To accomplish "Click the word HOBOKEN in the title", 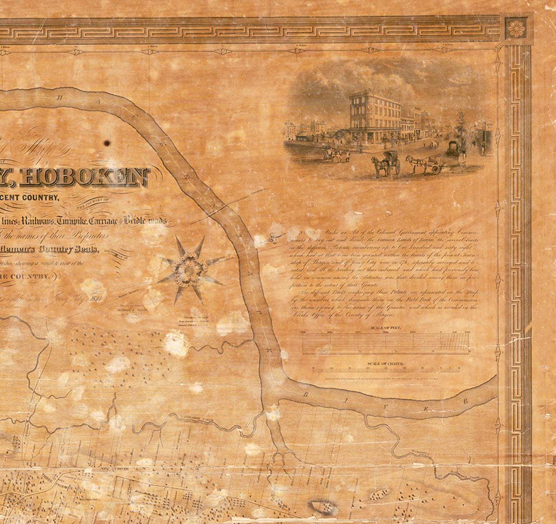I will (88, 177).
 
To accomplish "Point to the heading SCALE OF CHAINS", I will (385, 364).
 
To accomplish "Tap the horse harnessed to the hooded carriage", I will (378, 166).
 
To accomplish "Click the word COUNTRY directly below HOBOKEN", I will (40, 198).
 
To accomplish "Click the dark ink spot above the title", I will (107, 143).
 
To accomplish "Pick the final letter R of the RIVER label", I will (466, 401).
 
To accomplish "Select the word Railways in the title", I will (38, 221).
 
